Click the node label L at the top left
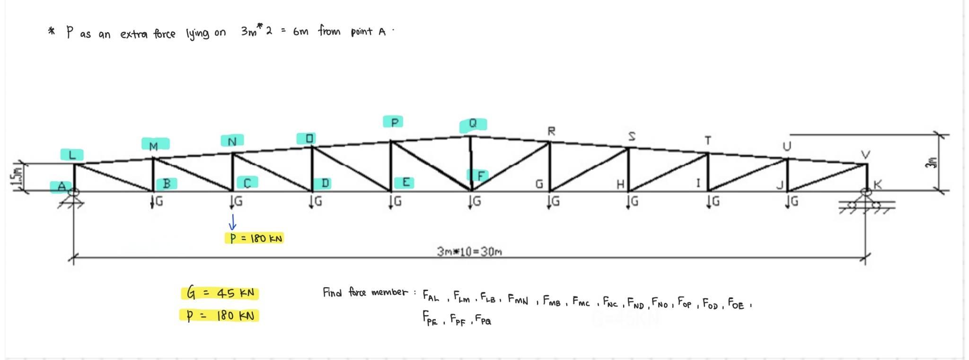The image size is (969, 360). [72, 155]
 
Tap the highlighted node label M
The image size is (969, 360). [154, 145]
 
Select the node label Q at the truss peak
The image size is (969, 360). [473, 124]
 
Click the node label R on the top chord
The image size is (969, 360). [551, 131]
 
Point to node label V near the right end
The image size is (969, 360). [865, 155]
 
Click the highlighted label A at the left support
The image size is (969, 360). [62, 187]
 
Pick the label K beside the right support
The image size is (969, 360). [878, 185]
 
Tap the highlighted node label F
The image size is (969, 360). [480, 176]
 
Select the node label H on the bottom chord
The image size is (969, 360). [620, 184]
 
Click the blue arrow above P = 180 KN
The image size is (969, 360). [232, 222]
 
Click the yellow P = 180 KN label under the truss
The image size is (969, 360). [255, 238]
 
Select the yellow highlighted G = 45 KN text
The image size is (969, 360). [220, 293]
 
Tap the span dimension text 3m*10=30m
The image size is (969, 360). [469, 251]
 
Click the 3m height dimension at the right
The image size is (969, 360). [932, 163]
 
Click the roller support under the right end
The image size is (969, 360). [866, 203]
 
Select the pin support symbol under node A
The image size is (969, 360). [73, 199]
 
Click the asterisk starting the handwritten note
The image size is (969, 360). [51, 32]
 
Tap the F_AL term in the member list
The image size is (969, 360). [431, 296]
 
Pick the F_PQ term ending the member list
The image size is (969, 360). [483, 320]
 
